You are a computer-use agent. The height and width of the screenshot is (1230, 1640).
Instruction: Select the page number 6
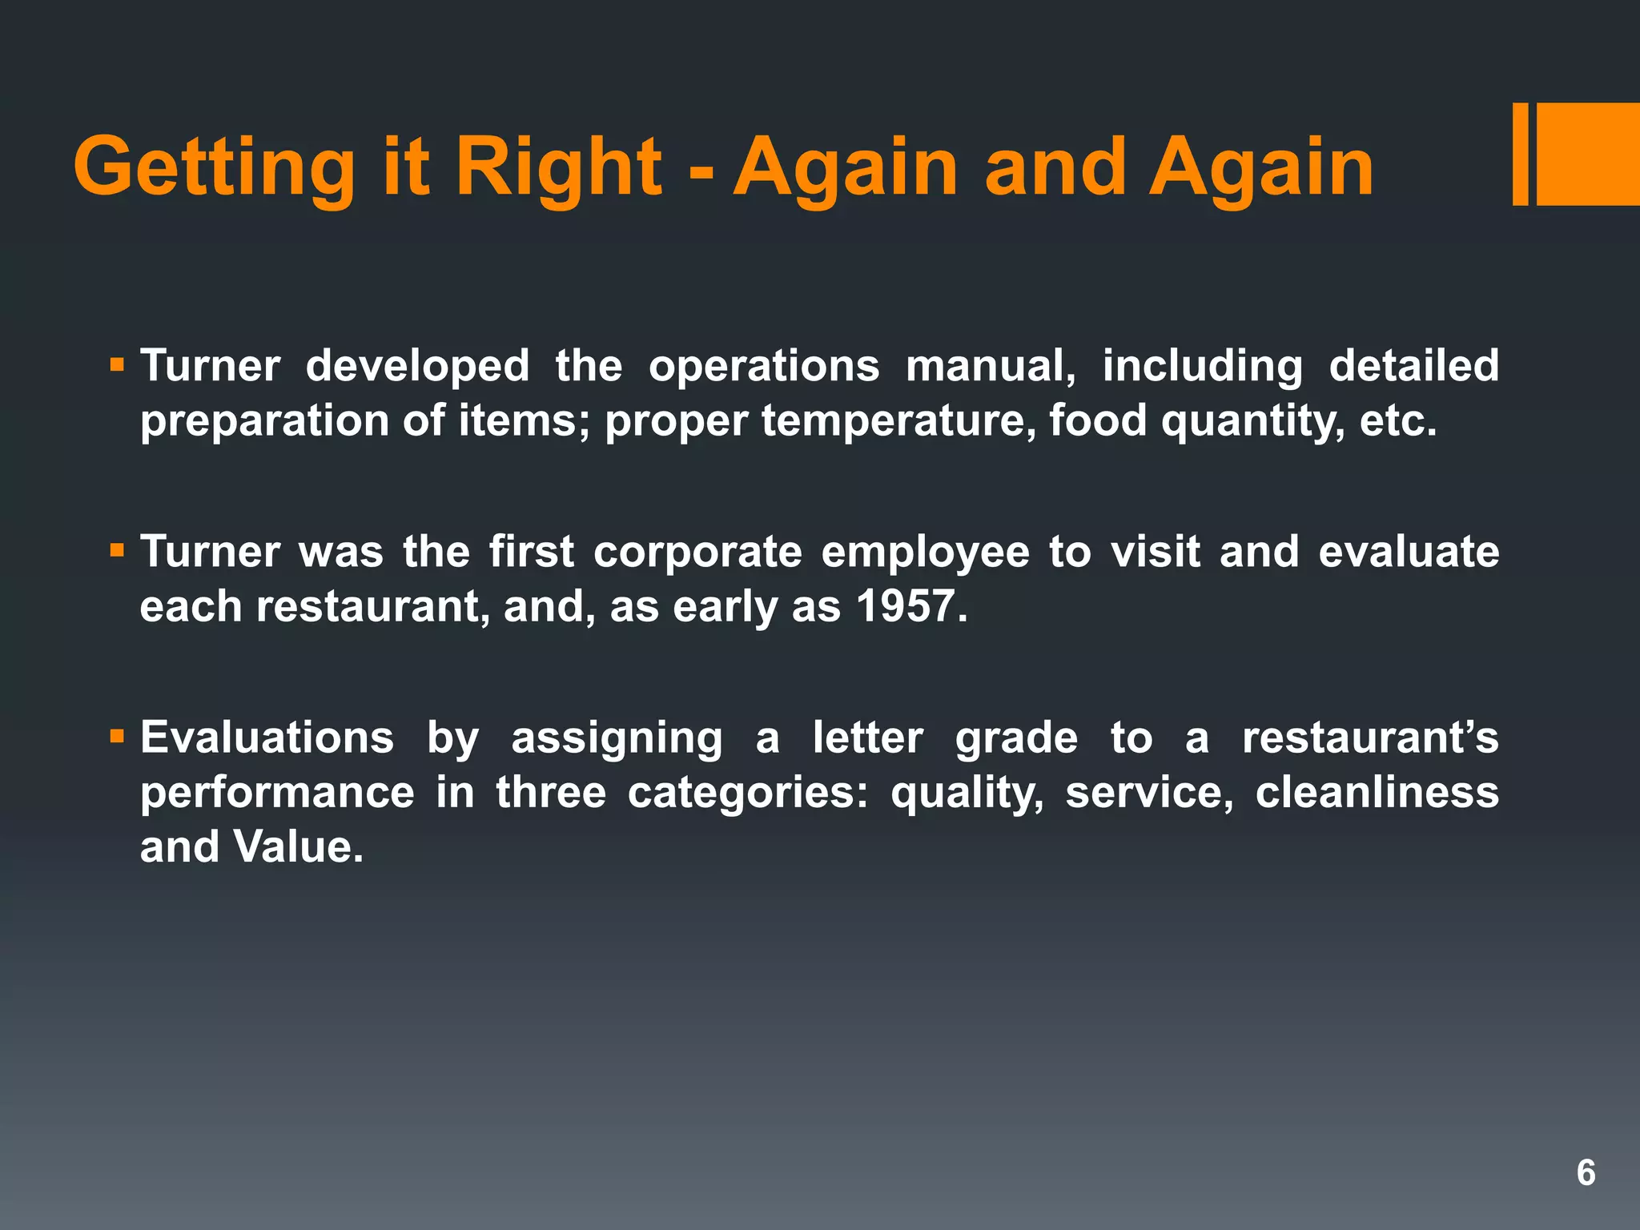click(1586, 1173)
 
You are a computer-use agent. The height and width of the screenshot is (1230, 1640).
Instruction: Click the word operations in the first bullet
click(763, 366)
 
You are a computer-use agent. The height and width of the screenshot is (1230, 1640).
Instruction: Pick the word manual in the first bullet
click(990, 366)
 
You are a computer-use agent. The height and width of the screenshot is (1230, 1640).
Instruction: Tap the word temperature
click(897, 420)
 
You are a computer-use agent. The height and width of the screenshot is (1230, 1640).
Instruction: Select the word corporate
click(697, 552)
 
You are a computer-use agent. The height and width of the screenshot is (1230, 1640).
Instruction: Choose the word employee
click(925, 552)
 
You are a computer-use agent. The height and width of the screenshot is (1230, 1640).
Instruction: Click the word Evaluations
click(267, 738)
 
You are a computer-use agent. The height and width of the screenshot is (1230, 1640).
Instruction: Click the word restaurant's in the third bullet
click(1369, 738)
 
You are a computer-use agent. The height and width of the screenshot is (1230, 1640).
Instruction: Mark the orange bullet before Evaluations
click(118, 735)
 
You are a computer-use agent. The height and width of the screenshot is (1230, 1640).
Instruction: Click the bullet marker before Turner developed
click(118, 365)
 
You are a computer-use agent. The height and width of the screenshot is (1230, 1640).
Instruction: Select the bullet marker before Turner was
click(118, 550)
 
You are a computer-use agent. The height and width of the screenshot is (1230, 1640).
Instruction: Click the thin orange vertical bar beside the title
click(1520, 155)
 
